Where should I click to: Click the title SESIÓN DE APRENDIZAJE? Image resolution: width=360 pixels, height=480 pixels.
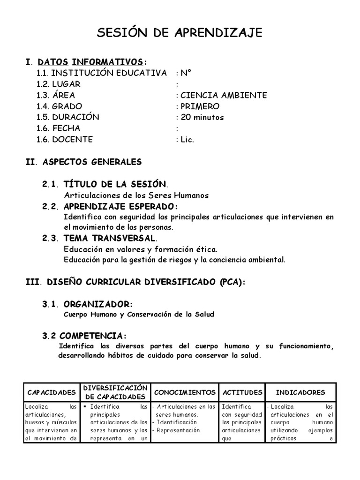coord(180,32)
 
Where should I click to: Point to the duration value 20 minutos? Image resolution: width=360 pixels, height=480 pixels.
coord(202,117)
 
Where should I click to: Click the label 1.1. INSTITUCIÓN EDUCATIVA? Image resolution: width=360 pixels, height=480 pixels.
coord(101,73)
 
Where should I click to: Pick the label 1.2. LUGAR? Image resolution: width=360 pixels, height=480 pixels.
coord(59,84)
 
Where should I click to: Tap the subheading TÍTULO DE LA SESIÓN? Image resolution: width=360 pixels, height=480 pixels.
coord(115,184)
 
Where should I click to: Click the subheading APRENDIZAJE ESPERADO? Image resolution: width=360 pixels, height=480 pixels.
coord(121,207)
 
